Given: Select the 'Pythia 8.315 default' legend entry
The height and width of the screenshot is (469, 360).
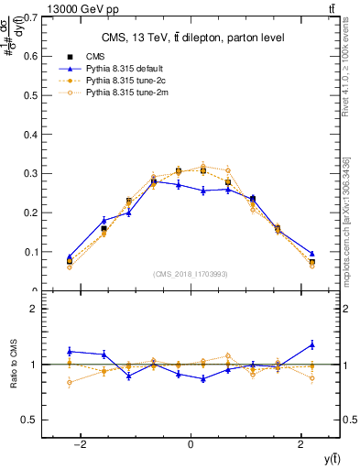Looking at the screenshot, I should [x=123, y=69].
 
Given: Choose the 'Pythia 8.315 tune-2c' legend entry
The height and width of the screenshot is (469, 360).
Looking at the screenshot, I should [x=124, y=81].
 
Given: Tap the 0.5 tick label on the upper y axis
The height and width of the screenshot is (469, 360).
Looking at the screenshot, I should [x=29, y=95].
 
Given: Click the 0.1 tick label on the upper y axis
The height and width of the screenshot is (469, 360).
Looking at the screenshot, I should [x=29, y=252].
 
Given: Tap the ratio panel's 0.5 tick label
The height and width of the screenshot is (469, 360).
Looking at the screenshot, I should [x=29, y=420].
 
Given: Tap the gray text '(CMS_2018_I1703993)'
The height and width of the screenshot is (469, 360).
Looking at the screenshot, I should [x=191, y=274].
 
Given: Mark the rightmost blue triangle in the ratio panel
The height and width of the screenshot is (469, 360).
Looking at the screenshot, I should [x=311, y=344].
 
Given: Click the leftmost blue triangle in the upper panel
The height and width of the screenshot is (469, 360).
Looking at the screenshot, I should [x=70, y=257].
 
